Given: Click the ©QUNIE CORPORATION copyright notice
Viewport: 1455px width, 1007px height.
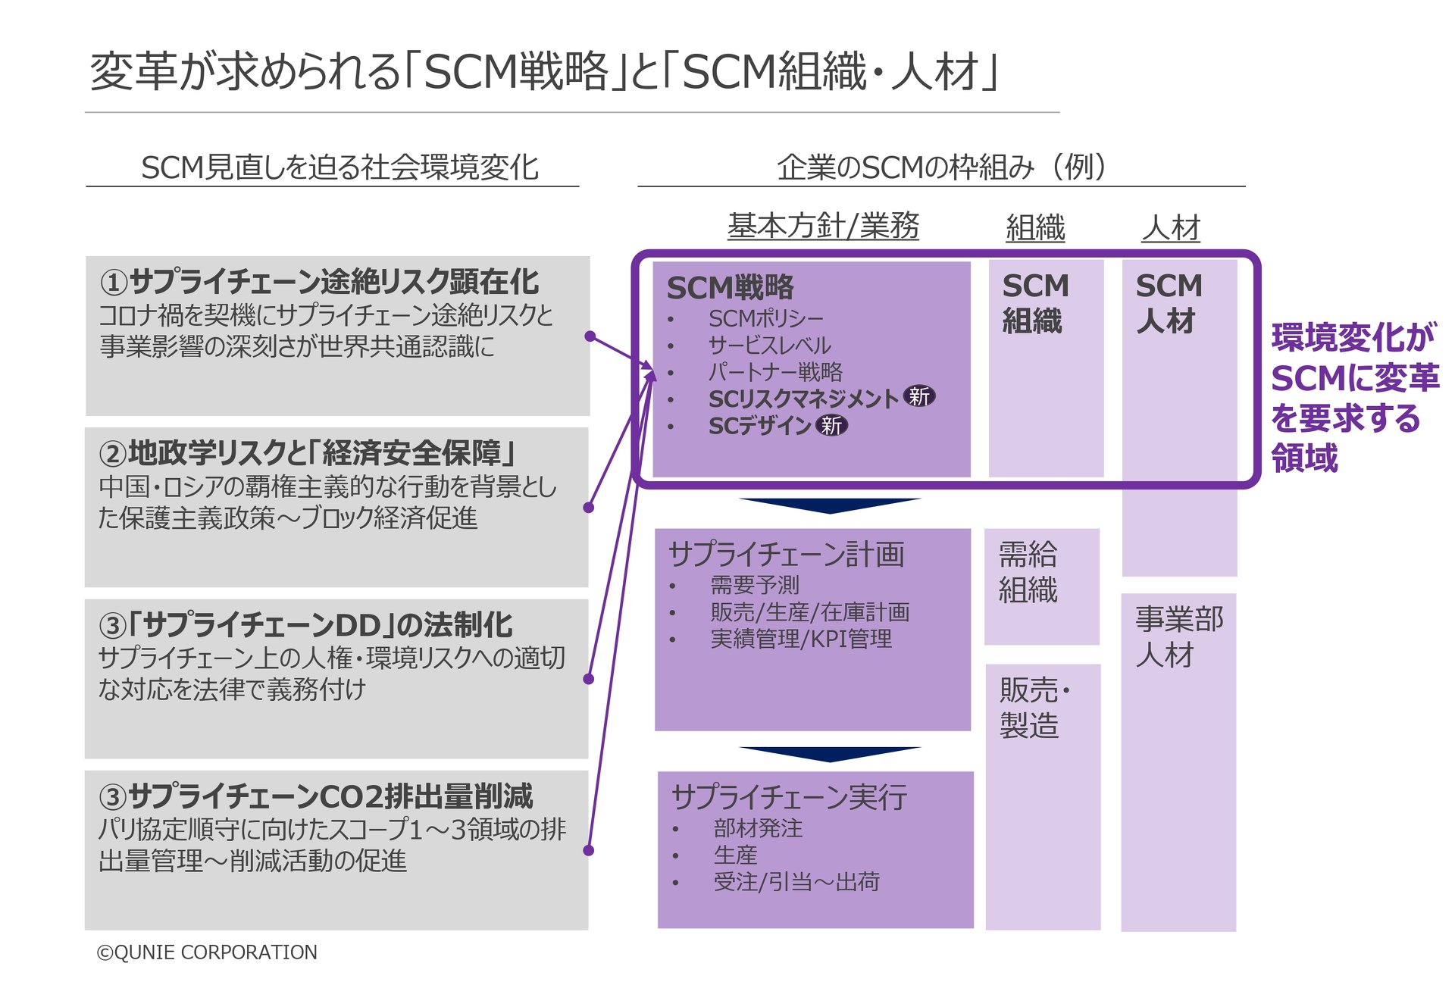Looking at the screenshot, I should (x=207, y=952).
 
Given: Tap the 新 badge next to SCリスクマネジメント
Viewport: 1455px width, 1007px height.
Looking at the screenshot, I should (x=919, y=396).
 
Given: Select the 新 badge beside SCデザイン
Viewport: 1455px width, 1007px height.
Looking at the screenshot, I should (x=831, y=426).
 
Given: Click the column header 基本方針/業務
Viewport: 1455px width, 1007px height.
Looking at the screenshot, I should (x=823, y=227).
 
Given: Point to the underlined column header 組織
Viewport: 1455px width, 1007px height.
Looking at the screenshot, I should (x=1035, y=227).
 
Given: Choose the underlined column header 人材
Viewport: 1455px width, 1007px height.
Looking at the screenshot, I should (x=1171, y=227).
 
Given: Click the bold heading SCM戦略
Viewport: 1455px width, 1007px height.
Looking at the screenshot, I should (x=730, y=288).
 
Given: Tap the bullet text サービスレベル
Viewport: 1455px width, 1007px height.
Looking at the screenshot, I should (x=769, y=346).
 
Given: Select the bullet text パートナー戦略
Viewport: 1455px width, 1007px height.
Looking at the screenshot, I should (x=775, y=372).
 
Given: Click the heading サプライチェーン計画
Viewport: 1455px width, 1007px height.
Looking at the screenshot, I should (x=786, y=555).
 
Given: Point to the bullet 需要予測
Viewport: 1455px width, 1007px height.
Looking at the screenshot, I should (x=755, y=585).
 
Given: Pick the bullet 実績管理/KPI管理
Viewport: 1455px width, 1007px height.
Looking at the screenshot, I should (x=801, y=639).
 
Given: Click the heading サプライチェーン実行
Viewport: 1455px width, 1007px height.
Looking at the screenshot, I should (x=789, y=797).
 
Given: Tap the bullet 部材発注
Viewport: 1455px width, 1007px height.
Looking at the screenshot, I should (x=758, y=828).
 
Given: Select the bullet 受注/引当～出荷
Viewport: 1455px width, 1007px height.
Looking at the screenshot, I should (x=796, y=882).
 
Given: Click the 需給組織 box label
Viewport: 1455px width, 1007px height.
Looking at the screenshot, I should (x=1028, y=572).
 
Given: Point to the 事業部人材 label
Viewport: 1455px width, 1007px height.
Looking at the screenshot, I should (x=1178, y=636).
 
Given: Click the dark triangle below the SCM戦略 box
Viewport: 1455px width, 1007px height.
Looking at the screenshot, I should (x=830, y=505).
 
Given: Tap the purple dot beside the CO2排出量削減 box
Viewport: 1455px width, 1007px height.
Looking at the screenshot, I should (x=589, y=850).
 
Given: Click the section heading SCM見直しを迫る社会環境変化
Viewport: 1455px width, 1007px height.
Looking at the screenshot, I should (x=339, y=167).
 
